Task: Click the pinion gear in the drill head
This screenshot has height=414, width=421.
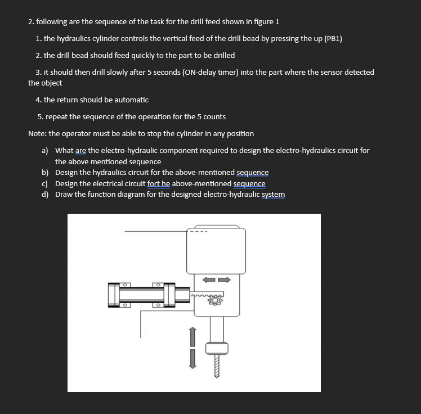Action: tap(214, 301)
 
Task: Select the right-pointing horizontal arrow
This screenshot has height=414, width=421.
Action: tap(224, 279)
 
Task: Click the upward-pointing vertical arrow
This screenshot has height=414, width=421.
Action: tap(192, 336)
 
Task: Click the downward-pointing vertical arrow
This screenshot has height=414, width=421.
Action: tap(192, 358)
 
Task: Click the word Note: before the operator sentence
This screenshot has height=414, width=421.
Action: tap(37, 133)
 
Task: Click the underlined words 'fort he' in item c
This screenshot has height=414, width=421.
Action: tap(158, 183)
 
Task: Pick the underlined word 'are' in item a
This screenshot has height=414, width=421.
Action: tap(80, 150)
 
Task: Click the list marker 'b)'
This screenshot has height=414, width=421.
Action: tap(44, 172)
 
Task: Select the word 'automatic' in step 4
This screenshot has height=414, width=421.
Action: tap(131, 100)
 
